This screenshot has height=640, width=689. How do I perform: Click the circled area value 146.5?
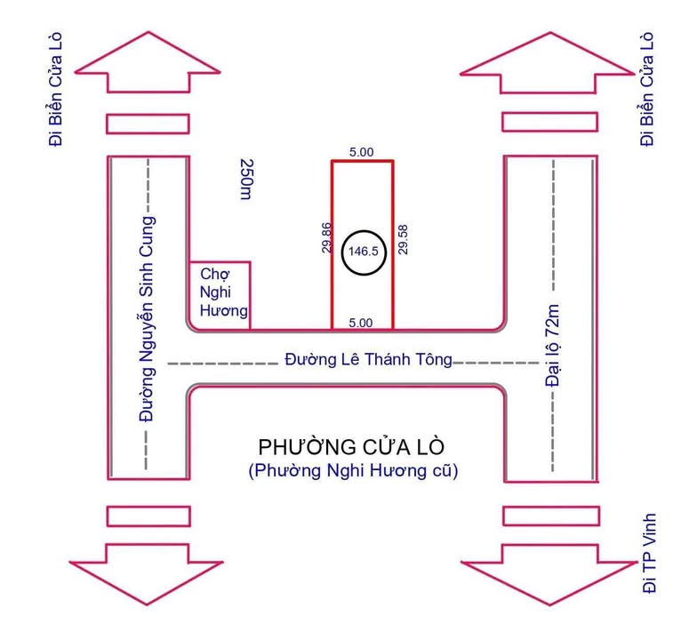(x=363, y=251)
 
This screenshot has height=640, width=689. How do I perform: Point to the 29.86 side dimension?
(x=326, y=239)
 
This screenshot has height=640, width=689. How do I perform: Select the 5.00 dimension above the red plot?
(x=361, y=152)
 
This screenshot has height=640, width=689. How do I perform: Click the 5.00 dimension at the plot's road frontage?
(x=361, y=323)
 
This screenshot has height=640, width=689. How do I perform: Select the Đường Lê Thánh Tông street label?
(x=368, y=360)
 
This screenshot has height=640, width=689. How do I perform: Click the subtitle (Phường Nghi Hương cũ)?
(x=353, y=471)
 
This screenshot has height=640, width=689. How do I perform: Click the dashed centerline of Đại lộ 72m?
(x=553, y=222)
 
